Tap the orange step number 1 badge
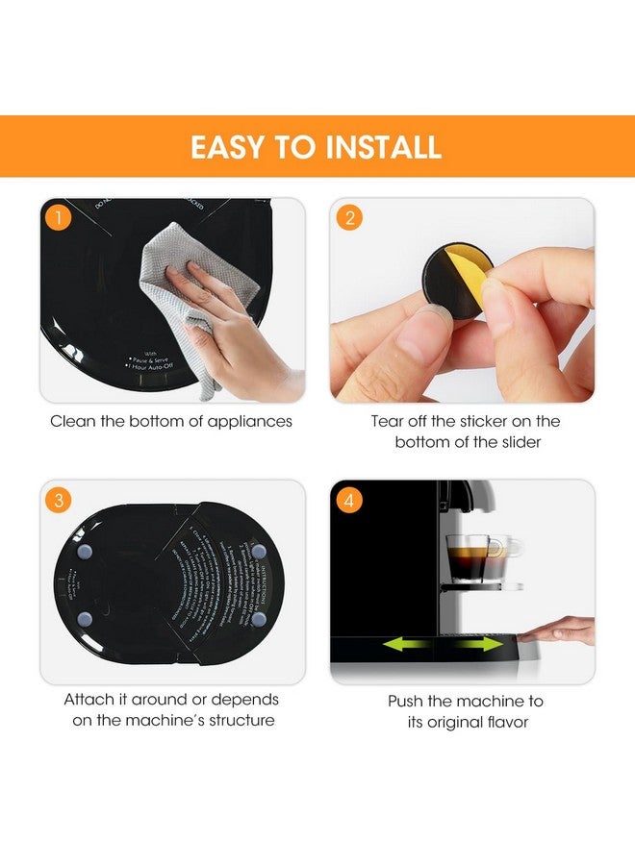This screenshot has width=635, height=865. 59,218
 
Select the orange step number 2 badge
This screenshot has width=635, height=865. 349,218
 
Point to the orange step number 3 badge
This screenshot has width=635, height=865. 59,500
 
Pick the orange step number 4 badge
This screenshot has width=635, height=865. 349,500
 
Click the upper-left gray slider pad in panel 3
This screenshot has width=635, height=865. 86,553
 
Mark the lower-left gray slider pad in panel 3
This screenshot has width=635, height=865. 86,620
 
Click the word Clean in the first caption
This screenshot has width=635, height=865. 72,421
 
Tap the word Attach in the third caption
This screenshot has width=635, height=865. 89,700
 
